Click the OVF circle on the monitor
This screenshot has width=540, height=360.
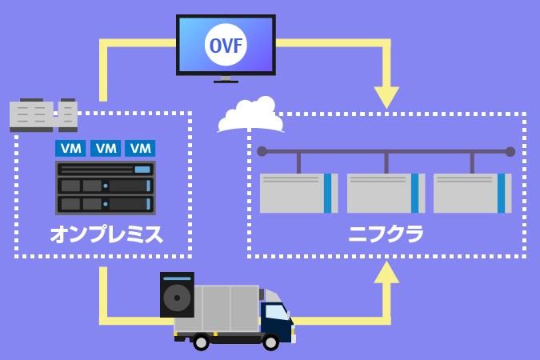point(226,45)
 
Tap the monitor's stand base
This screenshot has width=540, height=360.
point(226,81)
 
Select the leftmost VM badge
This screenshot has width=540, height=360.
point(70,149)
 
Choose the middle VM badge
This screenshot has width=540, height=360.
point(106,149)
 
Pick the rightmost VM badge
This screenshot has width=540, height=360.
point(140,149)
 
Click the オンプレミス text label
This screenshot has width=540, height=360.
point(106,234)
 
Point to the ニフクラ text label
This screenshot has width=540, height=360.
point(386,234)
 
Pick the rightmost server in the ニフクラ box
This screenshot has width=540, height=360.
point(472,193)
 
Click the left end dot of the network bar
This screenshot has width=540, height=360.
point(262,151)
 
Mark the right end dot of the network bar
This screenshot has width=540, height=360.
point(510,151)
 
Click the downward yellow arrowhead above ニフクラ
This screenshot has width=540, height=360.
point(386,97)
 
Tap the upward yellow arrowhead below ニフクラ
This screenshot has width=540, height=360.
point(386,273)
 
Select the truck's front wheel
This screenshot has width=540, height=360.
point(271,342)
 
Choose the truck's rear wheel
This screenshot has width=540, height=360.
point(201,342)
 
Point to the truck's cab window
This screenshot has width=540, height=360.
point(275,312)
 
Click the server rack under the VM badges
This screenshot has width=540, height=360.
point(106,188)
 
